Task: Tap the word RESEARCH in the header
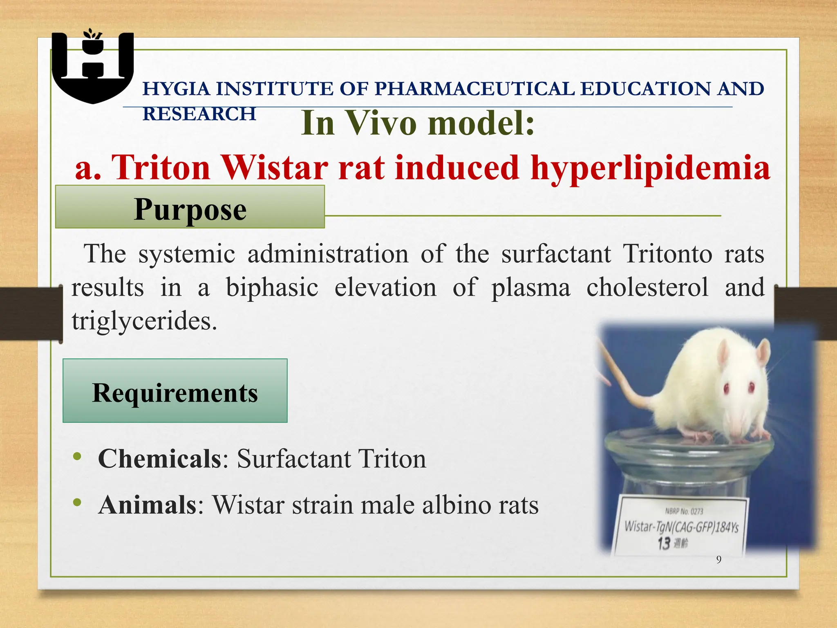click(x=199, y=114)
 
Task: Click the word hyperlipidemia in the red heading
click(x=650, y=168)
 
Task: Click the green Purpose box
click(x=190, y=207)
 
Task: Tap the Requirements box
click(x=175, y=390)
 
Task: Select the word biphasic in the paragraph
click(x=272, y=287)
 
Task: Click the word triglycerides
click(x=144, y=321)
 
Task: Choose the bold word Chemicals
click(x=159, y=458)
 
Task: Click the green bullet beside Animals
click(x=77, y=502)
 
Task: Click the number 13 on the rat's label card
click(x=664, y=543)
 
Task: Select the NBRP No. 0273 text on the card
click(x=684, y=511)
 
